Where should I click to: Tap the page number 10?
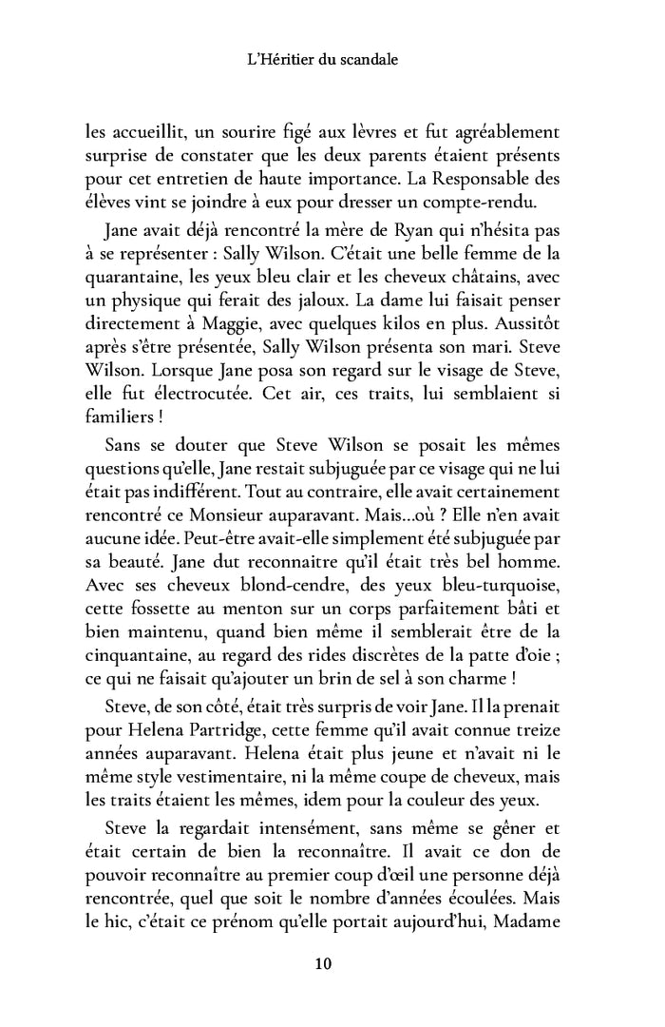pyautogui.click(x=322, y=963)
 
